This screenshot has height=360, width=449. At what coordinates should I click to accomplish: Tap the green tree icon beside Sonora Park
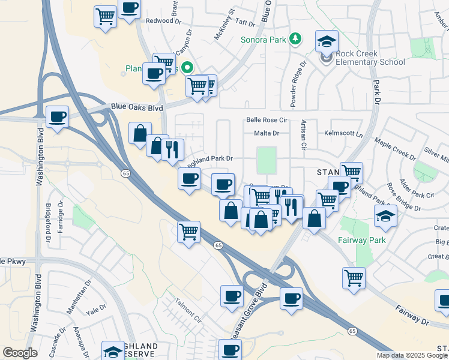(295, 40)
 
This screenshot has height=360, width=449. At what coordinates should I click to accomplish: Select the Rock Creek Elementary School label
(370, 58)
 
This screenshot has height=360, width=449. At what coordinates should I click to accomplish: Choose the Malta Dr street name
(267, 133)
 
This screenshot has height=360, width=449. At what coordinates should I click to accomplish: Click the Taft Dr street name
(246, 22)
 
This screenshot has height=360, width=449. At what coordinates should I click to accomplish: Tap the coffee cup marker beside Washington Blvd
(57, 116)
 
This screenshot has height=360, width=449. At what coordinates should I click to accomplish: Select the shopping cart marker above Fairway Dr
(354, 278)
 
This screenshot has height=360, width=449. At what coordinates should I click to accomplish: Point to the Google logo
(20, 353)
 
